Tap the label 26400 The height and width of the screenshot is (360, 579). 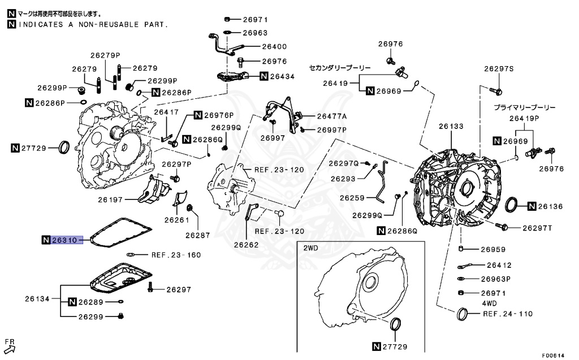(x=274, y=47)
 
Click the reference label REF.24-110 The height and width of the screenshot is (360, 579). (x=508, y=313)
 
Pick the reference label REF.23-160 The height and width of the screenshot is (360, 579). (x=175, y=255)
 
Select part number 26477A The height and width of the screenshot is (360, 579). (x=331, y=116)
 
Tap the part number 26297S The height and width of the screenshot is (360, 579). (x=498, y=68)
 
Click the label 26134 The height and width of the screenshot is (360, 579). (x=37, y=298)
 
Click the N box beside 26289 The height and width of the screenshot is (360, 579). (x=72, y=302)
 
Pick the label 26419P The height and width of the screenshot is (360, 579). (x=524, y=118)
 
